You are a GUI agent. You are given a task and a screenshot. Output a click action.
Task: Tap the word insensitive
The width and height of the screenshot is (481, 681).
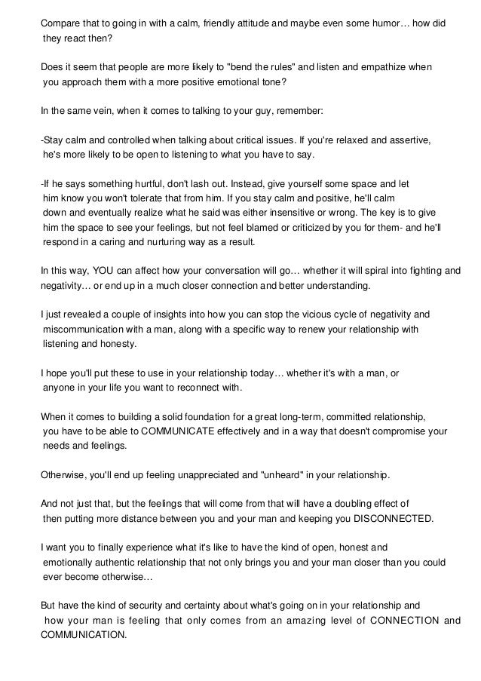317,213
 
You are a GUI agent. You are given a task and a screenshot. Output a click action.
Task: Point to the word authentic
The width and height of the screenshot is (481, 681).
119,563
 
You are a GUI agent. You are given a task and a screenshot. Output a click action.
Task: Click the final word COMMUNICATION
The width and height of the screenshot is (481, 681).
83,635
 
